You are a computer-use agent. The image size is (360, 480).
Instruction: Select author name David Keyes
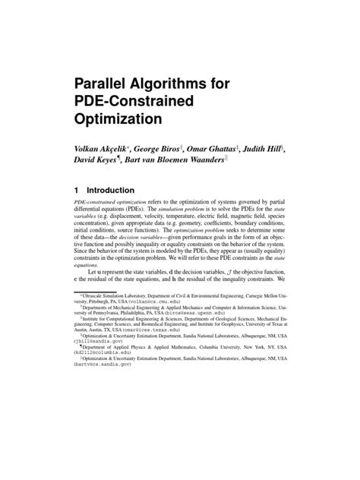[98, 163]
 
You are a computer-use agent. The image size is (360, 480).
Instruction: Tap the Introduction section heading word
[111, 190]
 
